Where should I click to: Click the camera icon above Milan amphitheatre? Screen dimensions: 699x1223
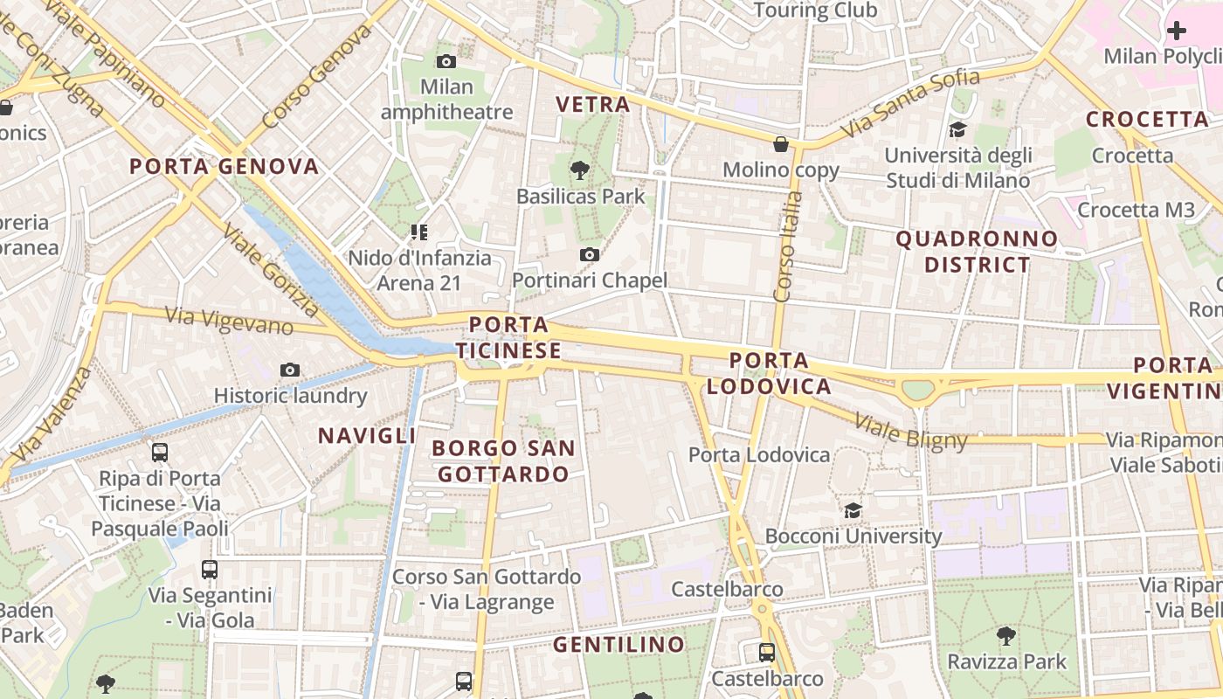pos(446,61)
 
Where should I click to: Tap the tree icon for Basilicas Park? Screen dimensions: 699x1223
pos(578,170)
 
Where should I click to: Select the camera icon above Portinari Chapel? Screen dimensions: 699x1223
pos(590,254)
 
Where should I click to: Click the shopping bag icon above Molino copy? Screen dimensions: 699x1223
pos(781,144)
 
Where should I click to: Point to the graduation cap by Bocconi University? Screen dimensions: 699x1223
pos(853,510)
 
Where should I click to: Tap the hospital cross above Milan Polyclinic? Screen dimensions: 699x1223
pos(1177,31)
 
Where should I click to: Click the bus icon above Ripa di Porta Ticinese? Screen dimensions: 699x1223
pos(160,453)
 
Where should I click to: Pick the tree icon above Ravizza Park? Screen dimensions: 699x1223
pos(1006,635)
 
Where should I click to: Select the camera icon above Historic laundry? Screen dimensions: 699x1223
pos(290,370)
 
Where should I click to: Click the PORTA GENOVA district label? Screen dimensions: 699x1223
pos(225,166)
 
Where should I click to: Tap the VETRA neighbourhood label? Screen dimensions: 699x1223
pos(593,105)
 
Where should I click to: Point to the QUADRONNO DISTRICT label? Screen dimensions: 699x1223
pos(977,252)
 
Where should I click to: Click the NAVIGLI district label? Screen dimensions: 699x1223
pos(367,435)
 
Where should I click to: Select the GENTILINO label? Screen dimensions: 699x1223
pos(619,645)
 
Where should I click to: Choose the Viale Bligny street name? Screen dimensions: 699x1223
pos(911,432)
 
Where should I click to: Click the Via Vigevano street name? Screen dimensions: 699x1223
pos(229,321)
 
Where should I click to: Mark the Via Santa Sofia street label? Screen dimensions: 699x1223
pos(912,107)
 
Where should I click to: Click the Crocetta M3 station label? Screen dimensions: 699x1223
pos(1136,210)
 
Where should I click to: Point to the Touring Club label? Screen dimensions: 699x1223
pos(814,10)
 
